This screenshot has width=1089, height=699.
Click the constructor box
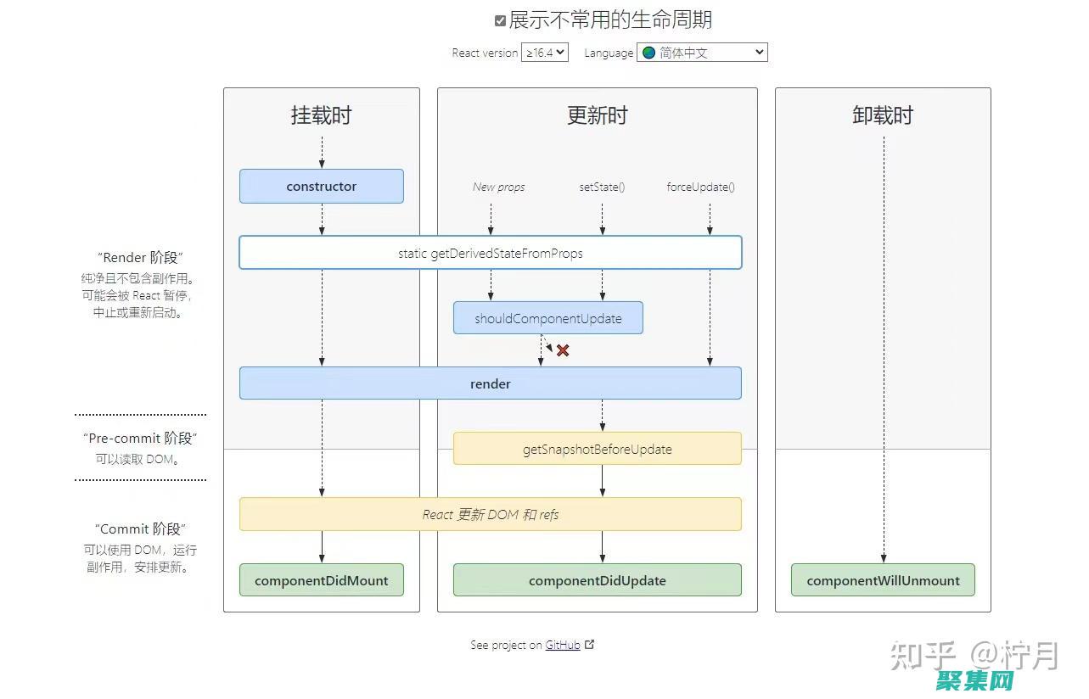coord(321,187)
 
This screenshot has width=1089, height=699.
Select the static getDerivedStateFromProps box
coord(490,253)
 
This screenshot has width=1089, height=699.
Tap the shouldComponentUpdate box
coord(547,319)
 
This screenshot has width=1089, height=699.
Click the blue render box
coord(490,383)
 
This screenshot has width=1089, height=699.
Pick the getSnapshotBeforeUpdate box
coord(597,449)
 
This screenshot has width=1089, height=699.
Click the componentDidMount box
coord(321,581)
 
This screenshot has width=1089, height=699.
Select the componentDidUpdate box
coord(597,581)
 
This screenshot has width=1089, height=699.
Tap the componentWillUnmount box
coord(883,581)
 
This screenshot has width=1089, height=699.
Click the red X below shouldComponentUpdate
coord(563,350)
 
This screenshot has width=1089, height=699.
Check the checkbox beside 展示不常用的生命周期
coord(501,20)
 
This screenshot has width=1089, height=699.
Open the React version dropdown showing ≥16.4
coord(544,53)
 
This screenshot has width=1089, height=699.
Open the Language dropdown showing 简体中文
coord(702,53)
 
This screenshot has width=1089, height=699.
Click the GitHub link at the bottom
coord(563,646)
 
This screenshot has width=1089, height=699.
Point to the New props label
coord(498,187)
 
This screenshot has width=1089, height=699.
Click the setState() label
coord(602,187)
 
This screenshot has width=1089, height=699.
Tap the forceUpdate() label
coord(700,187)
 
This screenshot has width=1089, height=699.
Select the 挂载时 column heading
coord(321,115)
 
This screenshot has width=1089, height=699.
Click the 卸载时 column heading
coord(883,115)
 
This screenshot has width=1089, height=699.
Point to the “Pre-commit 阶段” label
coord(140,439)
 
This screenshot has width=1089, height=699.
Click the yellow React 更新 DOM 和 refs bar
coord(490,514)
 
